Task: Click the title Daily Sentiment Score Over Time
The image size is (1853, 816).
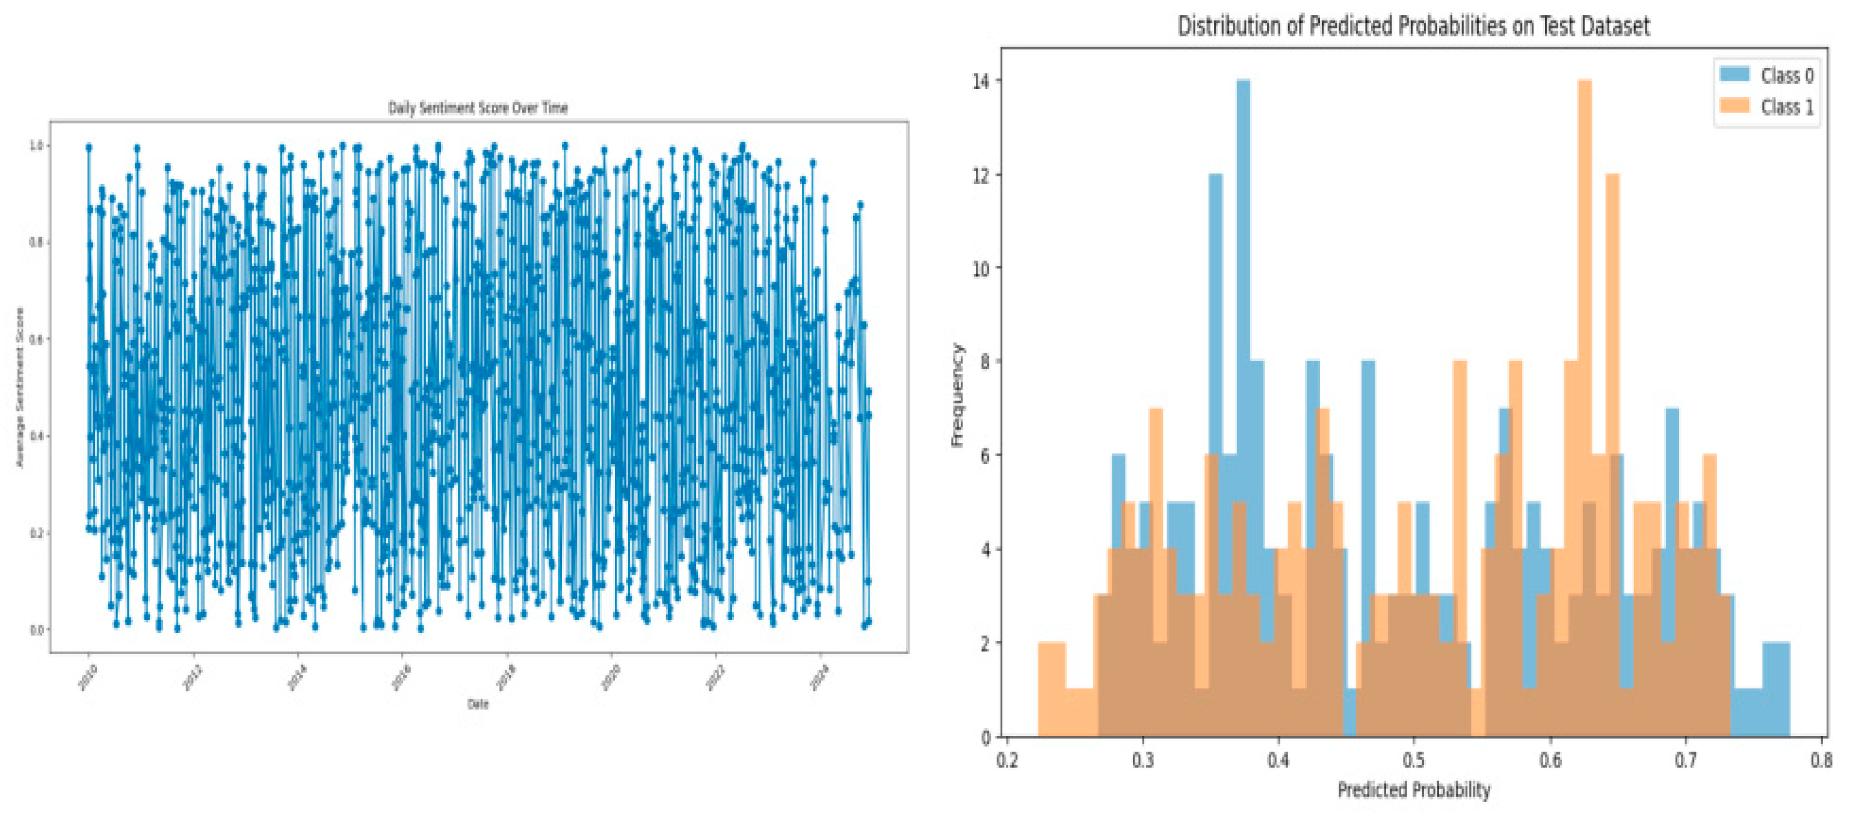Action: (x=478, y=108)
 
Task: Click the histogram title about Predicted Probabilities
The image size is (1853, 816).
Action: (x=1413, y=26)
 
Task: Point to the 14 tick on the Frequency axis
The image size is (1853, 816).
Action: (x=981, y=81)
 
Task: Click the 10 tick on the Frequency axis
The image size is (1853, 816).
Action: (x=981, y=268)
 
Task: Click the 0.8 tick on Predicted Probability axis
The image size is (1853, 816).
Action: (x=1821, y=760)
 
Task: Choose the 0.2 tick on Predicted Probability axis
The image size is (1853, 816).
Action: (x=1007, y=760)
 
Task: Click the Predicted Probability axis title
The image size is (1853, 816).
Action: (x=1413, y=790)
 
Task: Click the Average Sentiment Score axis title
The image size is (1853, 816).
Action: (x=19, y=387)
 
